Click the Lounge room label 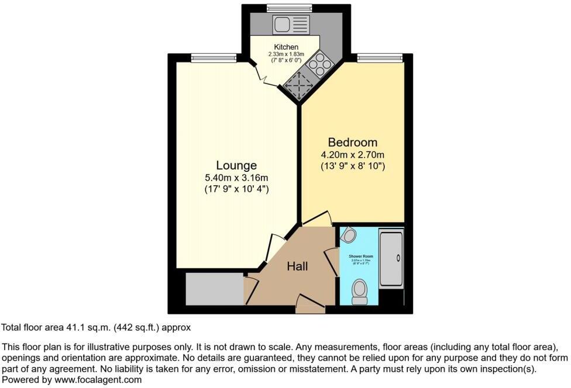[x=236, y=165]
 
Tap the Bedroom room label [x=352, y=143]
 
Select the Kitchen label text [x=286, y=47]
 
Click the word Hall [x=297, y=267]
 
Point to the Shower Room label [x=361, y=257]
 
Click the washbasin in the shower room [x=349, y=235]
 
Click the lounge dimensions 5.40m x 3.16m [x=236, y=178]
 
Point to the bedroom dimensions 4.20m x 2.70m [x=352, y=155]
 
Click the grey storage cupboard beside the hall [x=214, y=288]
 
